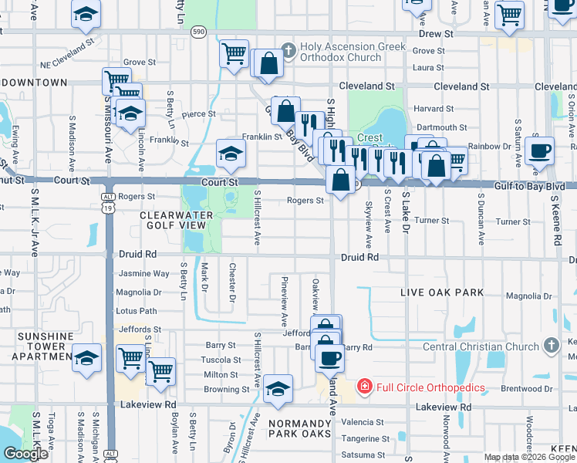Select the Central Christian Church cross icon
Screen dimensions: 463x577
click(551, 344)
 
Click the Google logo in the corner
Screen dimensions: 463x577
click(25, 454)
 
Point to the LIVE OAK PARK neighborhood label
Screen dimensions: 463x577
click(442, 293)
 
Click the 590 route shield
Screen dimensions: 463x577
click(199, 32)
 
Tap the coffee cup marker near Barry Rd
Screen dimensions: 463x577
click(330, 357)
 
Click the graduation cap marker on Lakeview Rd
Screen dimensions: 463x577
click(278, 388)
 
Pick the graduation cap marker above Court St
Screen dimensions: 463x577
click(231, 153)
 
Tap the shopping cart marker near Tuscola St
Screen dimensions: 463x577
click(160, 371)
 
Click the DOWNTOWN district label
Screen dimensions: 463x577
click(34, 82)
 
